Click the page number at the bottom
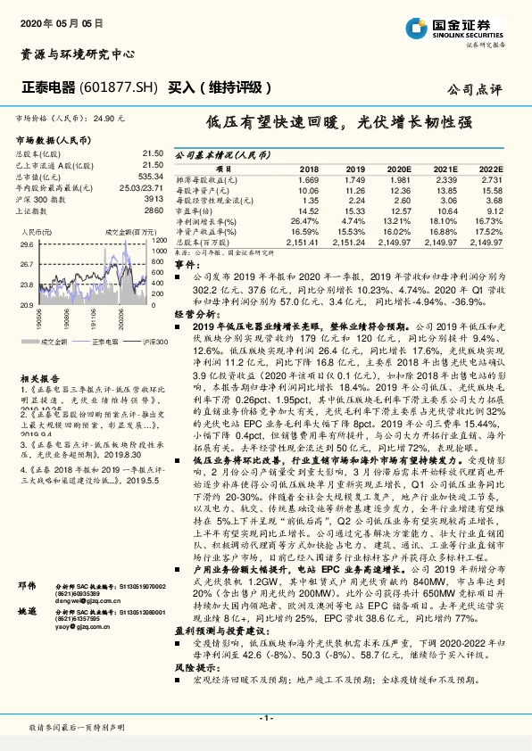[265, 717]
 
